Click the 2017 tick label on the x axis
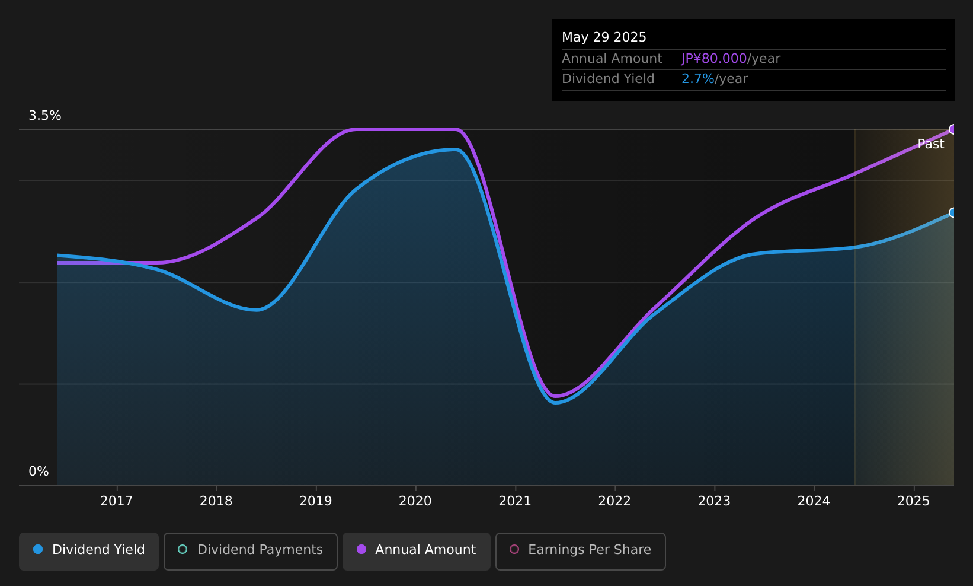click(116, 501)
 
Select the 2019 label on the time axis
click(316, 501)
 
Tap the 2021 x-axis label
click(515, 501)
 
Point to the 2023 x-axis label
click(715, 501)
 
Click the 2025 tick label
click(914, 501)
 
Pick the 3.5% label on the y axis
click(45, 116)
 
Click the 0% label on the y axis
click(39, 472)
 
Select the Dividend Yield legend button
click(89, 551)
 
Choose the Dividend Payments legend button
click(251, 551)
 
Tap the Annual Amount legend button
click(417, 551)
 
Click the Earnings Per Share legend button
click(581, 551)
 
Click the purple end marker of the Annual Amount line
click(953, 129)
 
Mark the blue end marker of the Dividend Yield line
click(953, 212)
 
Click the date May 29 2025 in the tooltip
click(604, 37)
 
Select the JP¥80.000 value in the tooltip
click(714, 59)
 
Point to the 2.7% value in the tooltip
click(698, 79)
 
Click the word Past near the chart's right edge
click(931, 144)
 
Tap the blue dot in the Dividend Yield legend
click(39, 549)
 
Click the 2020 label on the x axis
click(415, 501)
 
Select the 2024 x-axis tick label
click(814, 501)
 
